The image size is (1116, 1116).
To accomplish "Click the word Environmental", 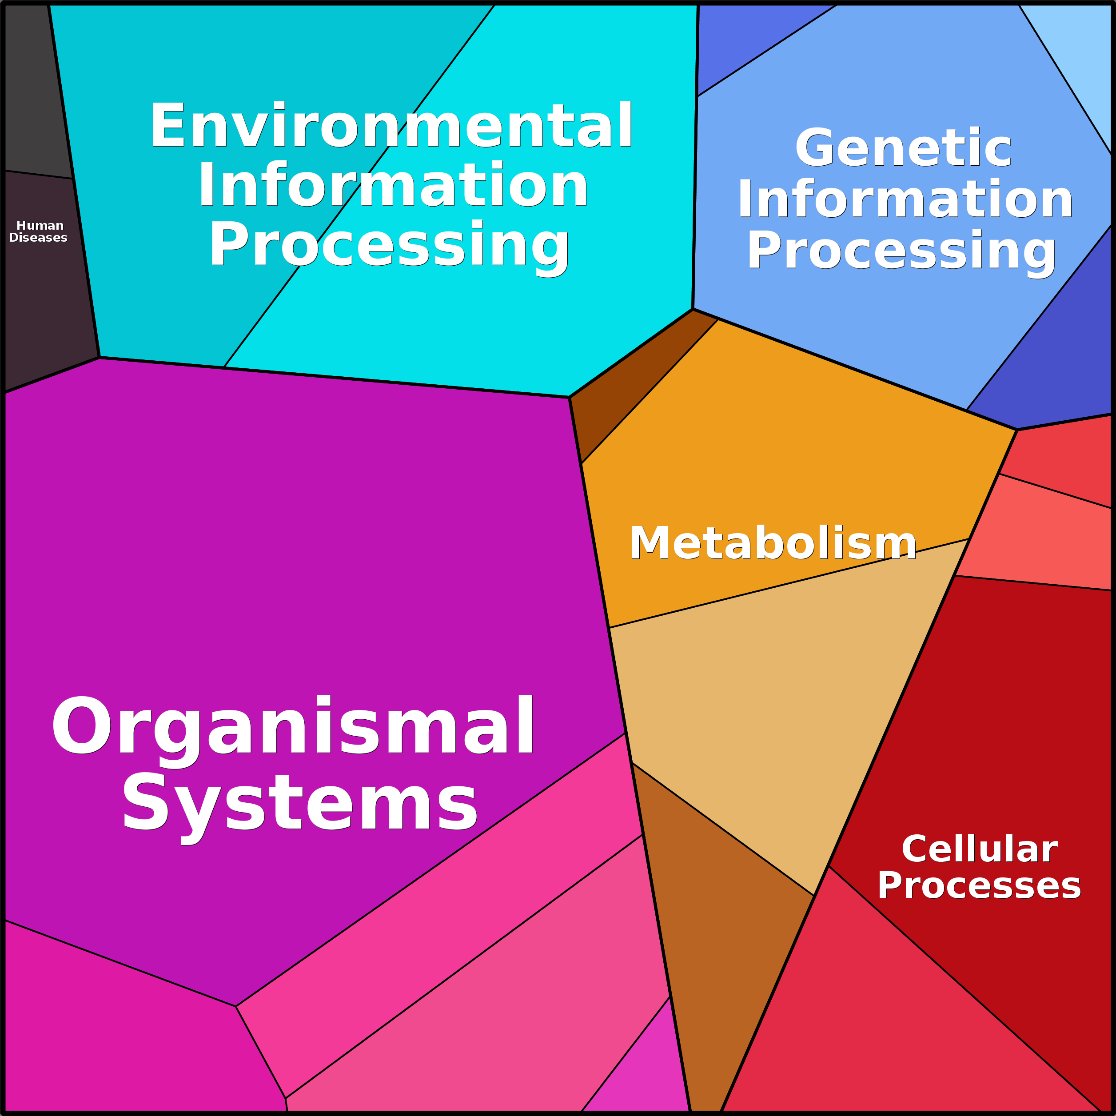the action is (x=391, y=125).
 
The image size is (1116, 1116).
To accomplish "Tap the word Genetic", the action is (x=904, y=147).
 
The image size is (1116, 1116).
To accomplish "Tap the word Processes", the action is (x=979, y=885).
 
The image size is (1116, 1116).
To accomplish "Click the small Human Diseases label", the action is (x=38, y=231).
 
